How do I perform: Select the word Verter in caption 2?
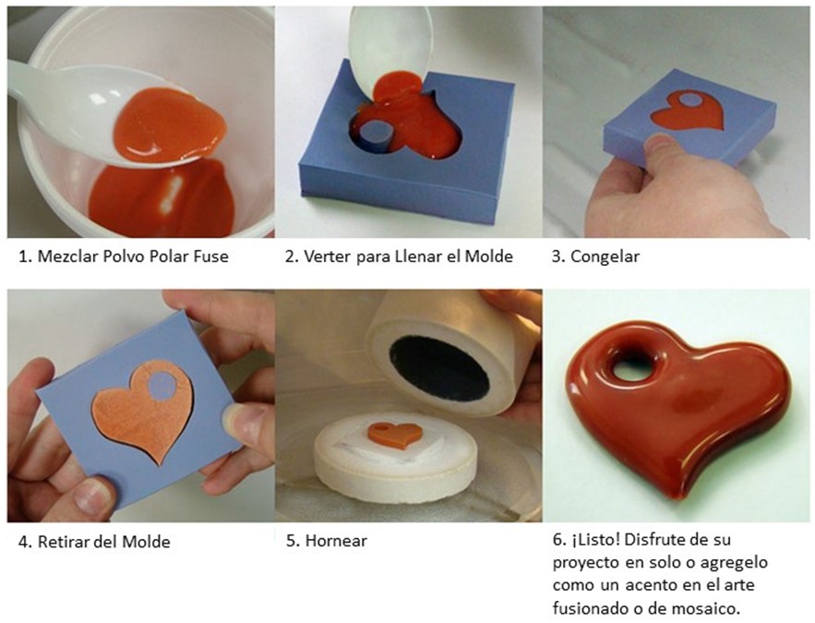coord(328,257)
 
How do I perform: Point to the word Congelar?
coord(605,257)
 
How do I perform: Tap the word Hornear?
coord(336,541)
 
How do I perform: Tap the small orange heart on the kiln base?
coord(395,435)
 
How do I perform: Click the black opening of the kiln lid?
coord(439,369)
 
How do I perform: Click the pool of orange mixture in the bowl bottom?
coord(162,199)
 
